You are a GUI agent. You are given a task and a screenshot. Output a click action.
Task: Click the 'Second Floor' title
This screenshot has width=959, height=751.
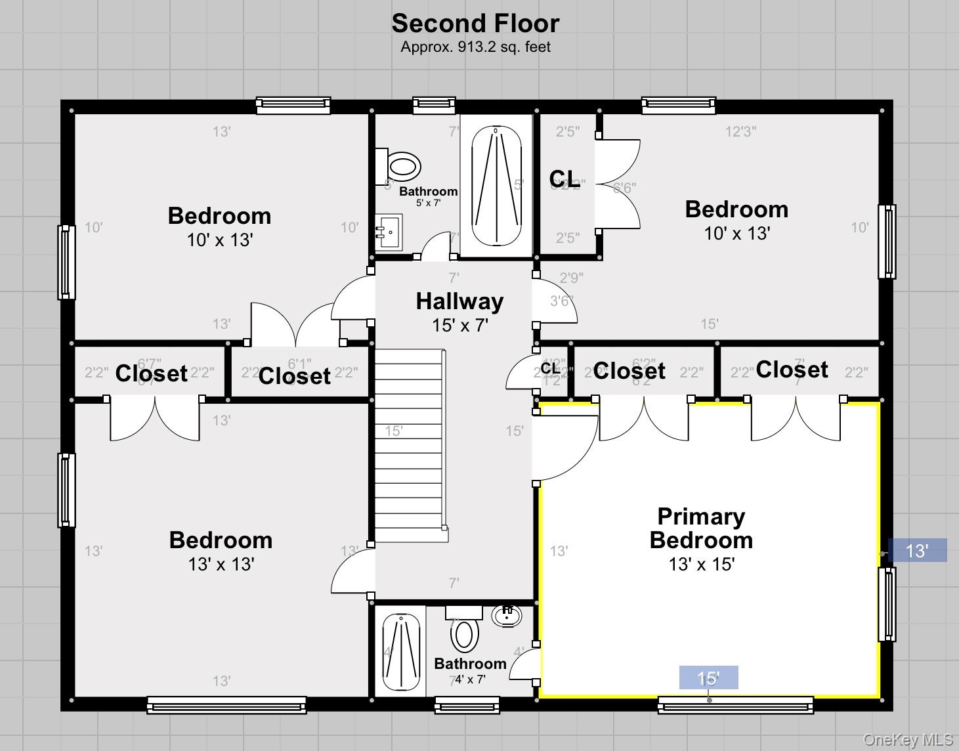pyautogui.click(x=475, y=24)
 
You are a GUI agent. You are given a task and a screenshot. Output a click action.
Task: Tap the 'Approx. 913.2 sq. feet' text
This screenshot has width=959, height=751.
pyautogui.click(x=475, y=47)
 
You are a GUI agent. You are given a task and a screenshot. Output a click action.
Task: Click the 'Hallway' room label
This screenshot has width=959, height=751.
pyautogui.click(x=459, y=301)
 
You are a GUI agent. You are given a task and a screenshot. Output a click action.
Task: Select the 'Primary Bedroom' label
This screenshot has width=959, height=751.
pyautogui.click(x=701, y=528)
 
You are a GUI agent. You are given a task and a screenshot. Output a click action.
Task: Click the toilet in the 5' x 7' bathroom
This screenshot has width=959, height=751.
pyautogui.click(x=402, y=166)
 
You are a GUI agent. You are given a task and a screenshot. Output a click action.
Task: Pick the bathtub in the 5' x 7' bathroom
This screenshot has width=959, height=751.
pyautogui.click(x=496, y=186)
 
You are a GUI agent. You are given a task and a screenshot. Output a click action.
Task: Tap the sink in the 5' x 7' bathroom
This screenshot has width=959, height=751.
pyautogui.click(x=389, y=232)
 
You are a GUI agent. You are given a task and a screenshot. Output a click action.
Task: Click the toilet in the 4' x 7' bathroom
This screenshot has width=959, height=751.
pyautogui.click(x=464, y=634)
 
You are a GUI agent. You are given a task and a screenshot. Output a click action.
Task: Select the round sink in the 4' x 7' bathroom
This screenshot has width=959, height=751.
pyautogui.click(x=506, y=616)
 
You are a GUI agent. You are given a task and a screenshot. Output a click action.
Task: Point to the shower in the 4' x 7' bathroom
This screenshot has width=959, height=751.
pyautogui.click(x=400, y=651)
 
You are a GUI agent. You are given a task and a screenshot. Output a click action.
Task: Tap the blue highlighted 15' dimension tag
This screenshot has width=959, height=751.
pyautogui.click(x=708, y=677)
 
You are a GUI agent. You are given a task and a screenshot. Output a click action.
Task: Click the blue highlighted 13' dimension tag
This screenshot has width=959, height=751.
pyautogui.click(x=917, y=550)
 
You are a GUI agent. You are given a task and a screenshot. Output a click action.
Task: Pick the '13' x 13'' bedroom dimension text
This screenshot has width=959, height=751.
pyautogui.click(x=221, y=564)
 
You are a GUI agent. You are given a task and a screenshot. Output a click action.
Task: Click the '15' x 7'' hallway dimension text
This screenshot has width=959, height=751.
pyautogui.click(x=459, y=325)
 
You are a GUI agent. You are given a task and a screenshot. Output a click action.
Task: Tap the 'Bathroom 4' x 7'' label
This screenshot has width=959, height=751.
pyautogui.click(x=470, y=670)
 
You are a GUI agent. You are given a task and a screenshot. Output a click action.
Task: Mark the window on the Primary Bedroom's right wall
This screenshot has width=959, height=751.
pyautogui.click(x=887, y=604)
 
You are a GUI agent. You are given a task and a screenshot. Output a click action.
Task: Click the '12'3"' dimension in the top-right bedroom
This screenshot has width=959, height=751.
pyautogui.click(x=740, y=131)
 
